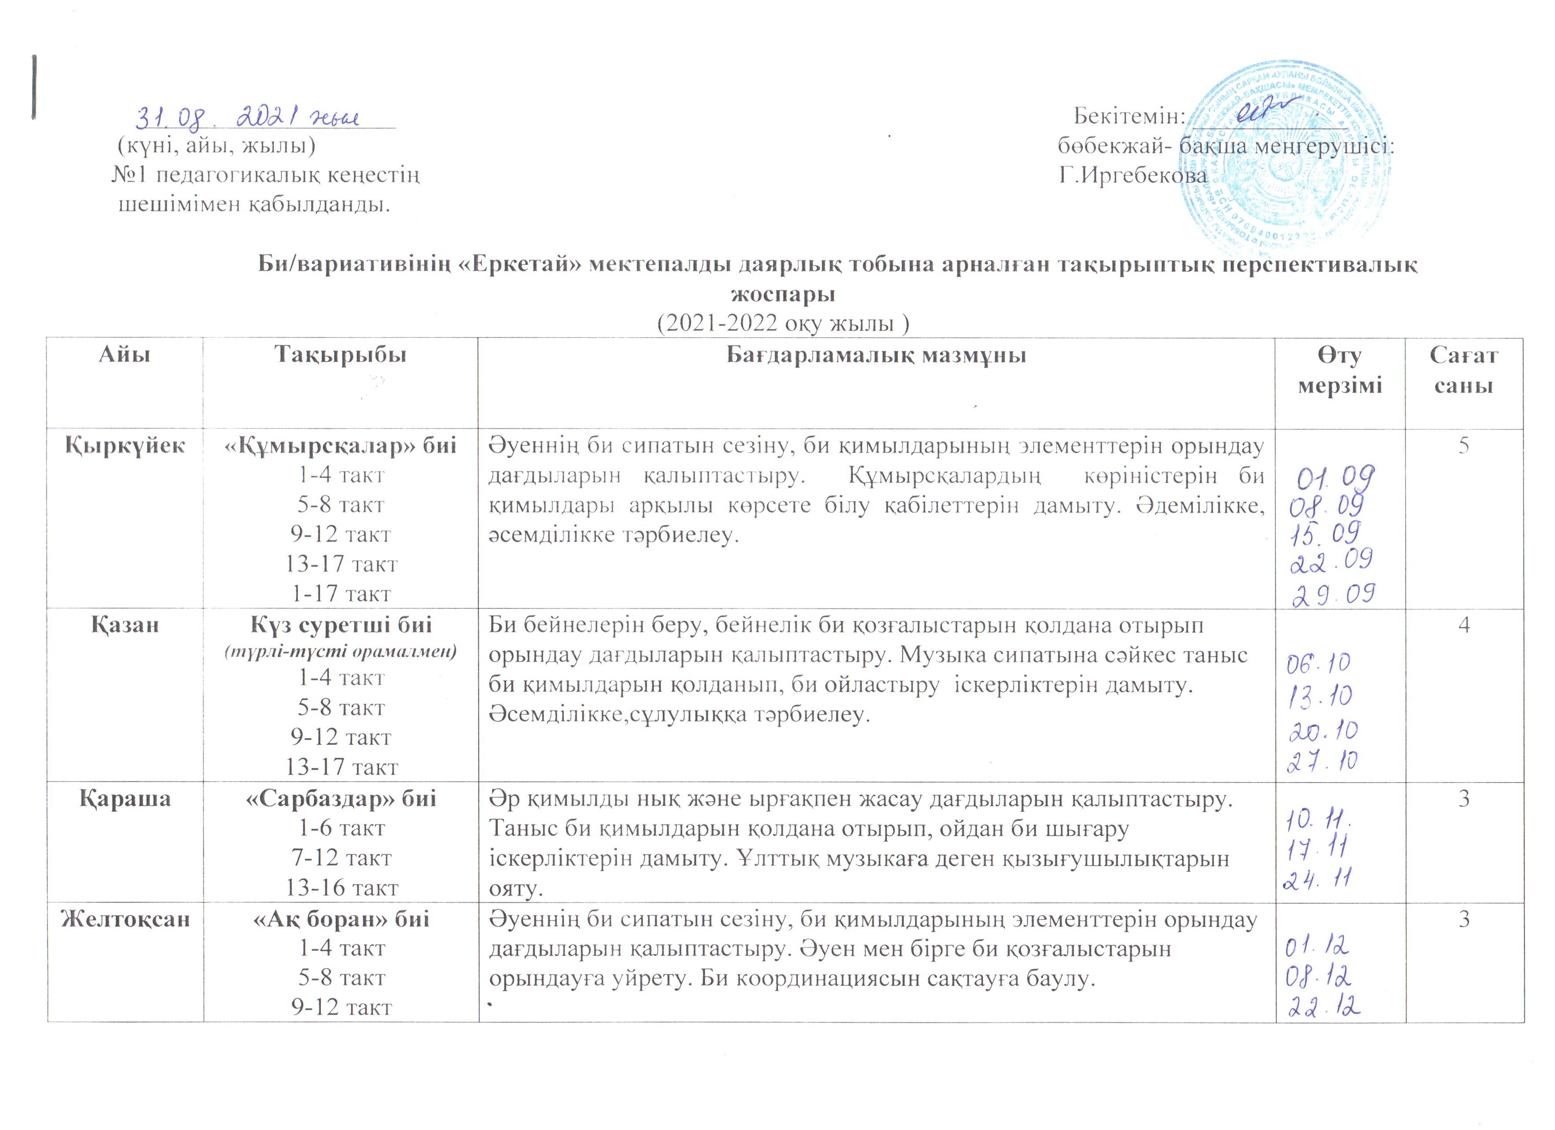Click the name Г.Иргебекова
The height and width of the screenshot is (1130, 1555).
pos(1133,176)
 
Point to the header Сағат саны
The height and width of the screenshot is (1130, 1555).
pos(1463,370)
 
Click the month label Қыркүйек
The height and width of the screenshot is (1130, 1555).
pos(125,445)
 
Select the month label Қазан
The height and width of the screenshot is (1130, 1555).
pos(125,624)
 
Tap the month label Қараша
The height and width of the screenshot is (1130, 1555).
pos(125,799)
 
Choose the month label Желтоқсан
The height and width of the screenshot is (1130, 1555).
pos(125,918)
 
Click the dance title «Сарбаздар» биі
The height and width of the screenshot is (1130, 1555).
pos(341,799)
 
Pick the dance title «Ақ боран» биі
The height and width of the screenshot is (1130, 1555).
pos(341,918)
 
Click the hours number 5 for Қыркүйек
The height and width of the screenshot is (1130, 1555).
pos(1463,445)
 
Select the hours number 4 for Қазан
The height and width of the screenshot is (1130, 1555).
pos(1463,624)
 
